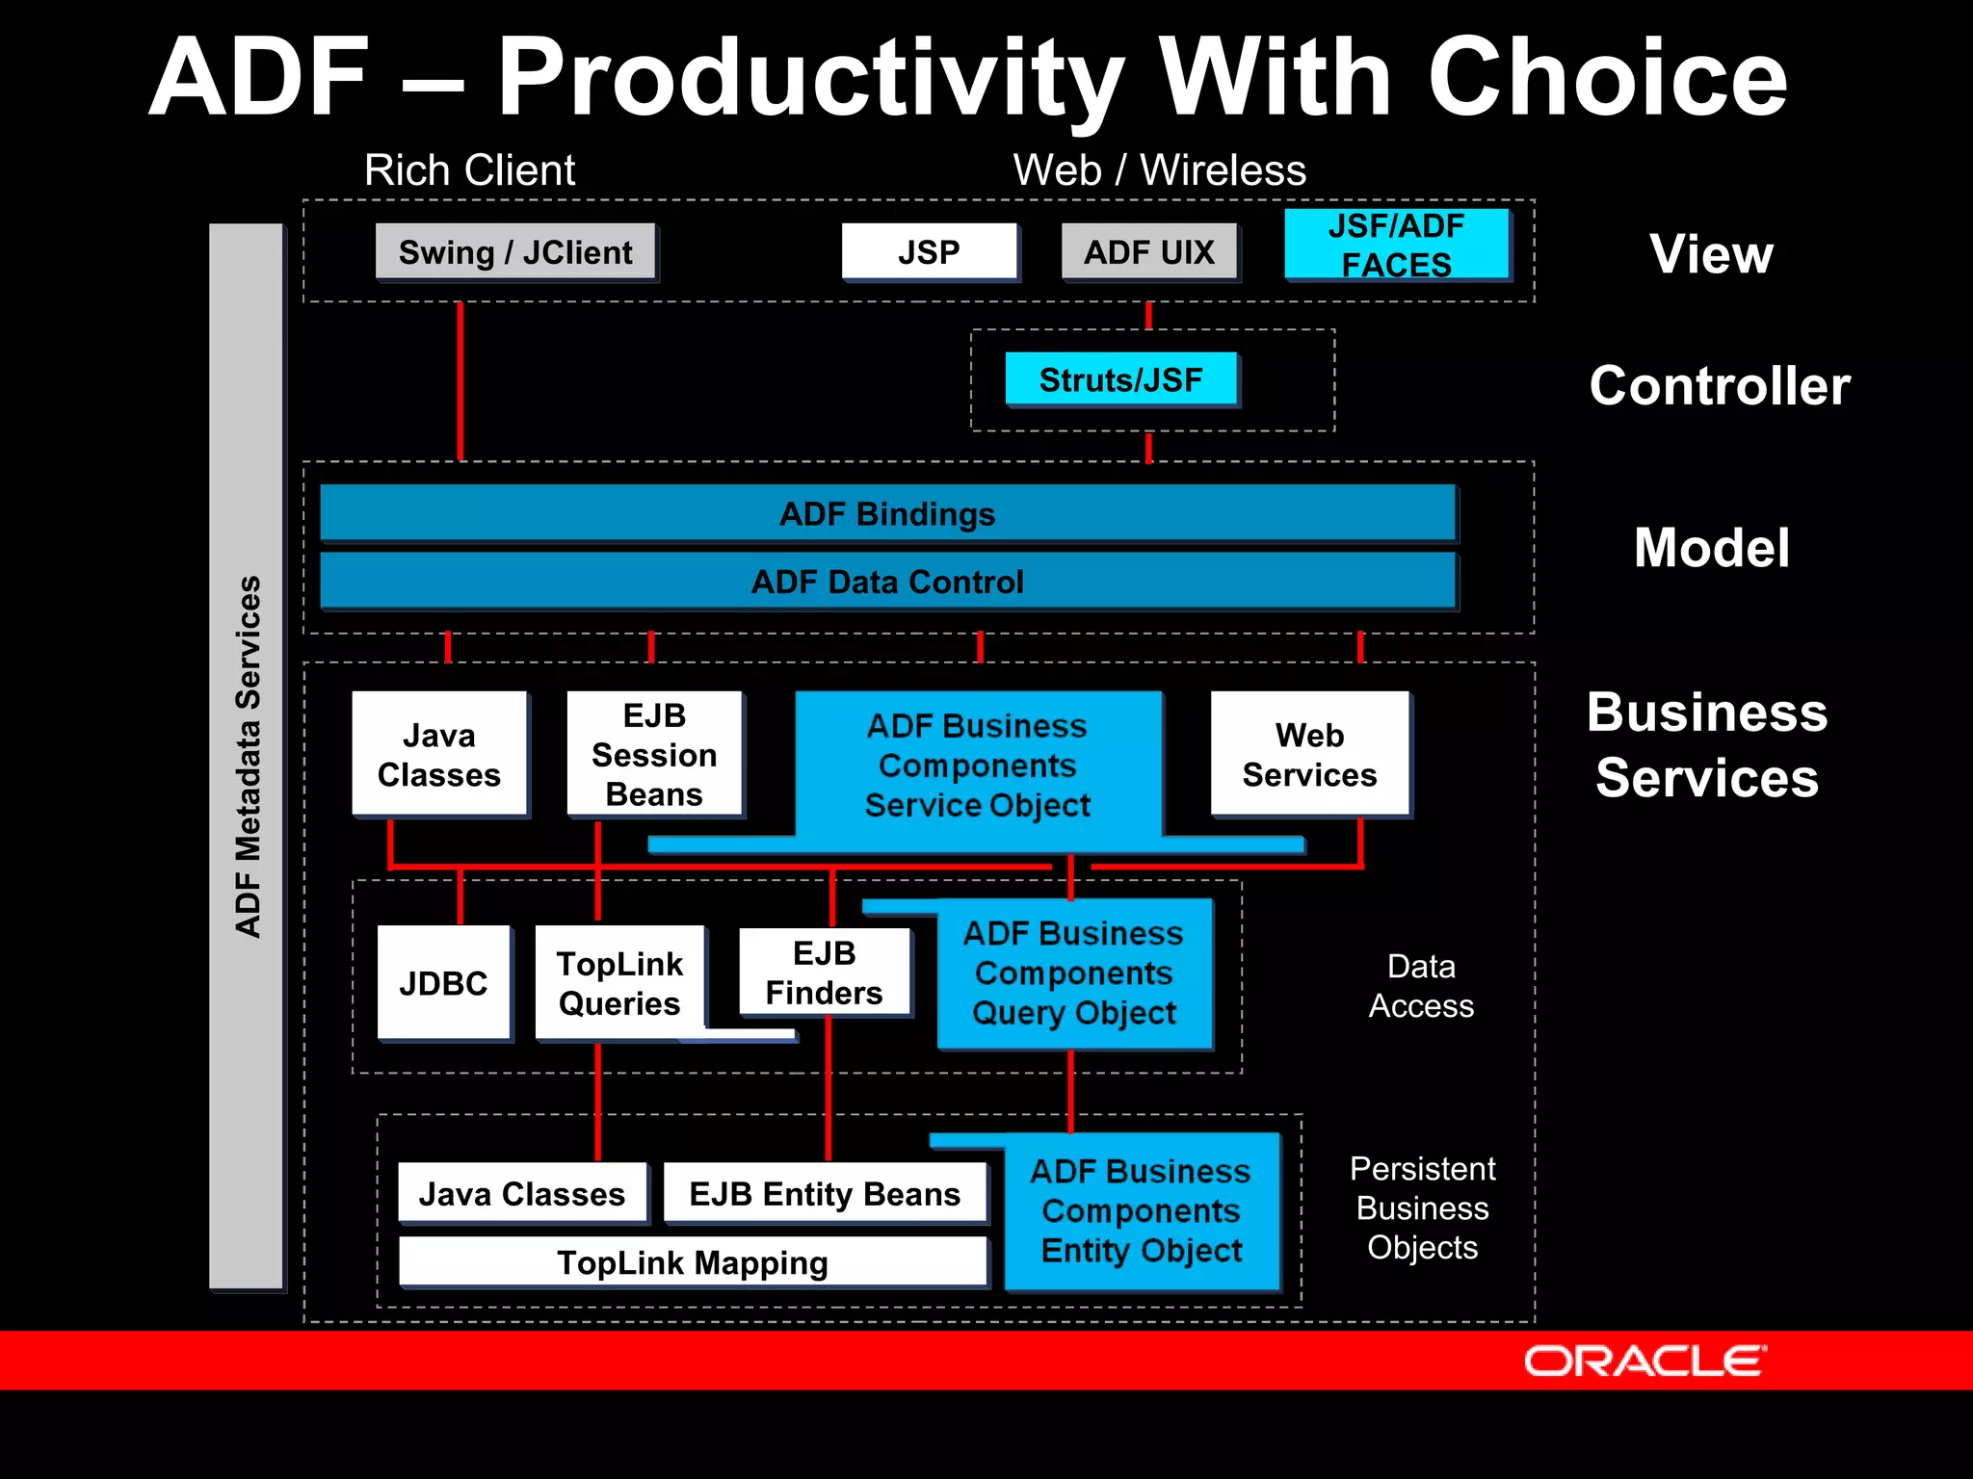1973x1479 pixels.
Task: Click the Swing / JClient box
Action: (515, 252)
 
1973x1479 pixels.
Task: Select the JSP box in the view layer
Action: (929, 252)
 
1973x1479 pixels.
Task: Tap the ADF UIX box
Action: (1148, 252)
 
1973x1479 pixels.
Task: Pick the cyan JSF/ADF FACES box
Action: (1396, 245)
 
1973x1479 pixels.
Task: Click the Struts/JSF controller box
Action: (1120, 379)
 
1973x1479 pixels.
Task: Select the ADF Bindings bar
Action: (886, 513)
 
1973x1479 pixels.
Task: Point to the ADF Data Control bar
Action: (886, 581)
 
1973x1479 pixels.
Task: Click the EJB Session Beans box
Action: (654, 754)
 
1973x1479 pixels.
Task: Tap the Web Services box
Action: (1309, 754)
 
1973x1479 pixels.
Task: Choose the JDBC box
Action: (443, 983)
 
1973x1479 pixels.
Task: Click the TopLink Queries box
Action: (619, 983)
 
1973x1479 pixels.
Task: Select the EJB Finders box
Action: (824, 973)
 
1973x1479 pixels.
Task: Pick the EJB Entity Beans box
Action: (825, 1194)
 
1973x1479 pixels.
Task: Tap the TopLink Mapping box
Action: (692, 1262)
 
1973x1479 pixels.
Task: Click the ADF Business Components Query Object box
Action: (1073, 973)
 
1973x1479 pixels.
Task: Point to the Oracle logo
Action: (1644, 1361)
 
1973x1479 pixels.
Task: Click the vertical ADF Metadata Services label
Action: (248, 756)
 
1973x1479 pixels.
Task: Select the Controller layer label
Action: (1720, 386)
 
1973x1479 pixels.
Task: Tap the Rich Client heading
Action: (469, 170)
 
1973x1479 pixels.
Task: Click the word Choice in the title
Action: (1606, 77)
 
